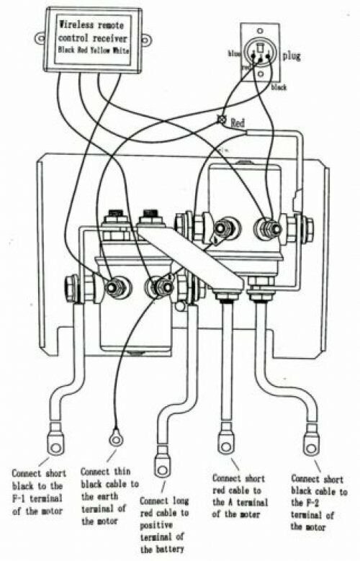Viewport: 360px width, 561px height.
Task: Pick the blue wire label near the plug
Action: coord(233,53)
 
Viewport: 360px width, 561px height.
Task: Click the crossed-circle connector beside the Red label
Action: coord(222,119)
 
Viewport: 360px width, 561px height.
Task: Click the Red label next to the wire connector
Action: coord(239,124)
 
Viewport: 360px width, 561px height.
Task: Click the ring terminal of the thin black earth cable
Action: coord(114,436)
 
